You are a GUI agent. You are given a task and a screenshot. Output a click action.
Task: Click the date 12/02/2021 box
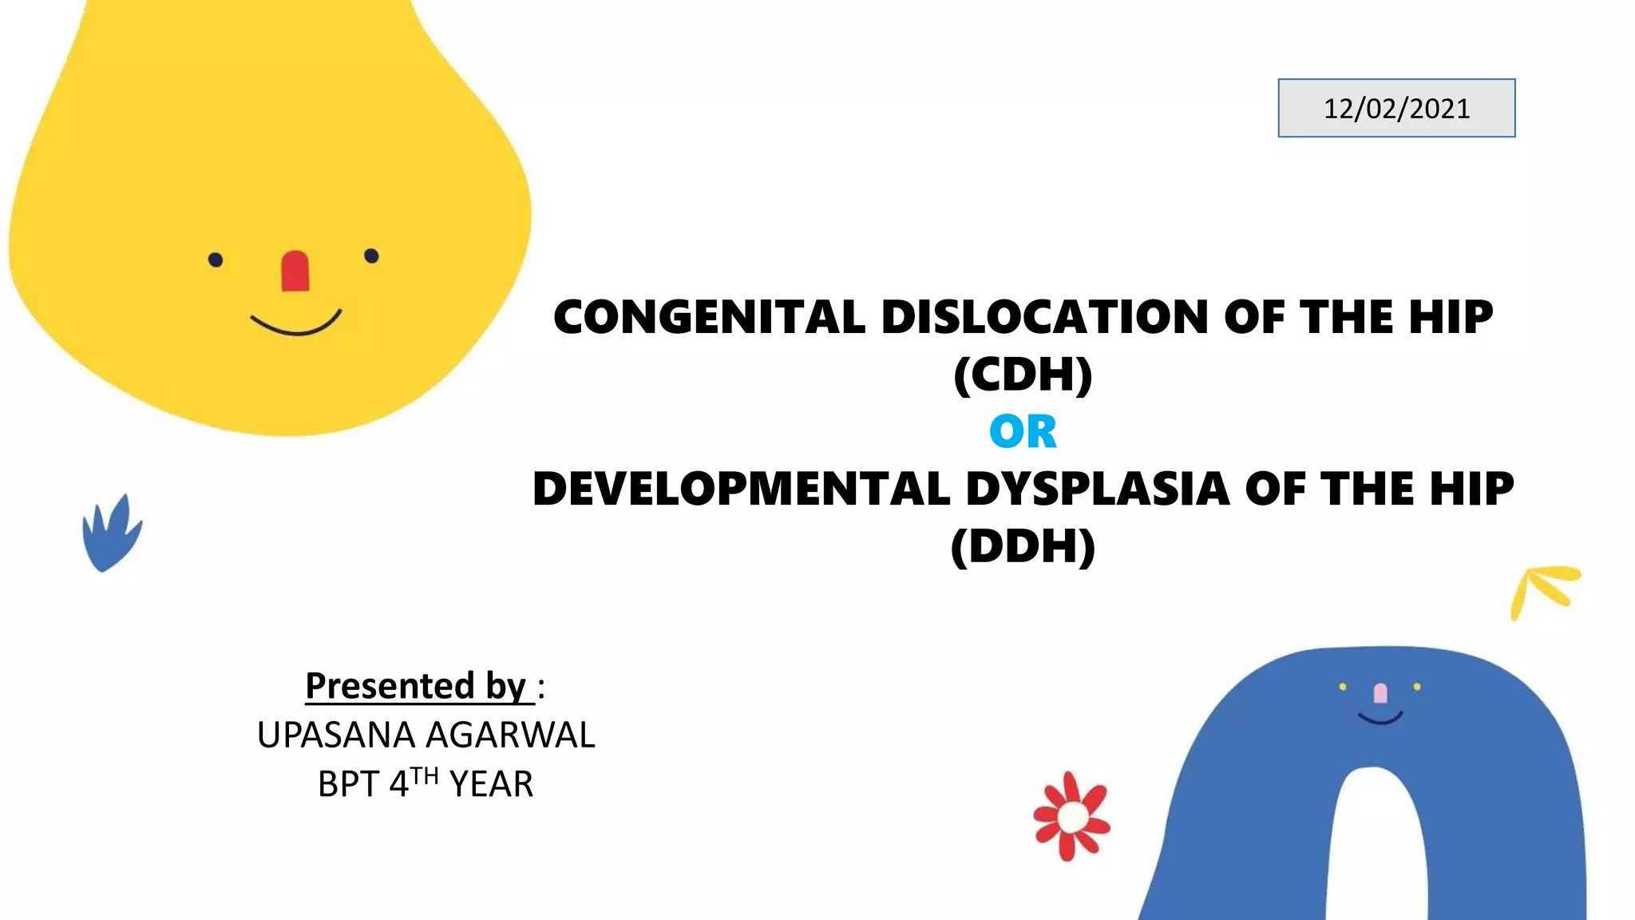[x=1396, y=108]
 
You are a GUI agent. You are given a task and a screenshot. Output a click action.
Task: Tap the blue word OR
[x=1023, y=431]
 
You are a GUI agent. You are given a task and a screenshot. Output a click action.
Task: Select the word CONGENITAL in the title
[x=709, y=317]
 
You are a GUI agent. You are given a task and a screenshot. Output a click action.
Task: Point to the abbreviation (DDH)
[x=1023, y=546]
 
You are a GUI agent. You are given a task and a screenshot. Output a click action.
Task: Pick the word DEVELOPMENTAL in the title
[x=741, y=489]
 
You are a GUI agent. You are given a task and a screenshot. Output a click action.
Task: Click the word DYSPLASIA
[x=1097, y=489]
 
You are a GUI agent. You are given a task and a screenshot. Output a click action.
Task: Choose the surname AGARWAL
[x=510, y=735]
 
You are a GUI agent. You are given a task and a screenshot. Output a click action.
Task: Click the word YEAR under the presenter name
[x=491, y=784]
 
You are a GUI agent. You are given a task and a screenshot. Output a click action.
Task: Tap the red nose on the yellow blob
[x=295, y=272]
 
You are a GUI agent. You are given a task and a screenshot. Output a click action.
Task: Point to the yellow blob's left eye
[x=216, y=260]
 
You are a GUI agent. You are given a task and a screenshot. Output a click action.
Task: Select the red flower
[x=1071, y=816]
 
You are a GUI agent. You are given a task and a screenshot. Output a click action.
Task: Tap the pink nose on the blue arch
[x=1380, y=693]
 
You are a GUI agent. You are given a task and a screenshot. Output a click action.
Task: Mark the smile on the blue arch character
[x=1380, y=719]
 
